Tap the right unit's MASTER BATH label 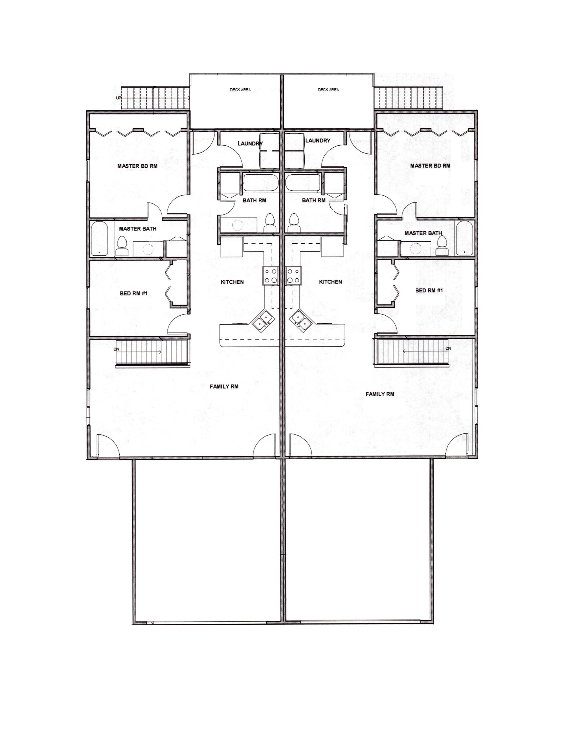click(x=423, y=233)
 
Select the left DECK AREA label click(x=240, y=90)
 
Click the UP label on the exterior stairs click(x=118, y=98)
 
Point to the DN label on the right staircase click(x=448, y=348)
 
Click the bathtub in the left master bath click(x=100, y=238)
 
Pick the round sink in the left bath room click(x=237, y=225)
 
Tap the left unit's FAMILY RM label click(x=224, y=386)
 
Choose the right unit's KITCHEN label click(x=330, y=282)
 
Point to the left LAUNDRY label click(x=250, y=143)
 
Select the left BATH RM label click(x=254, y=200)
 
